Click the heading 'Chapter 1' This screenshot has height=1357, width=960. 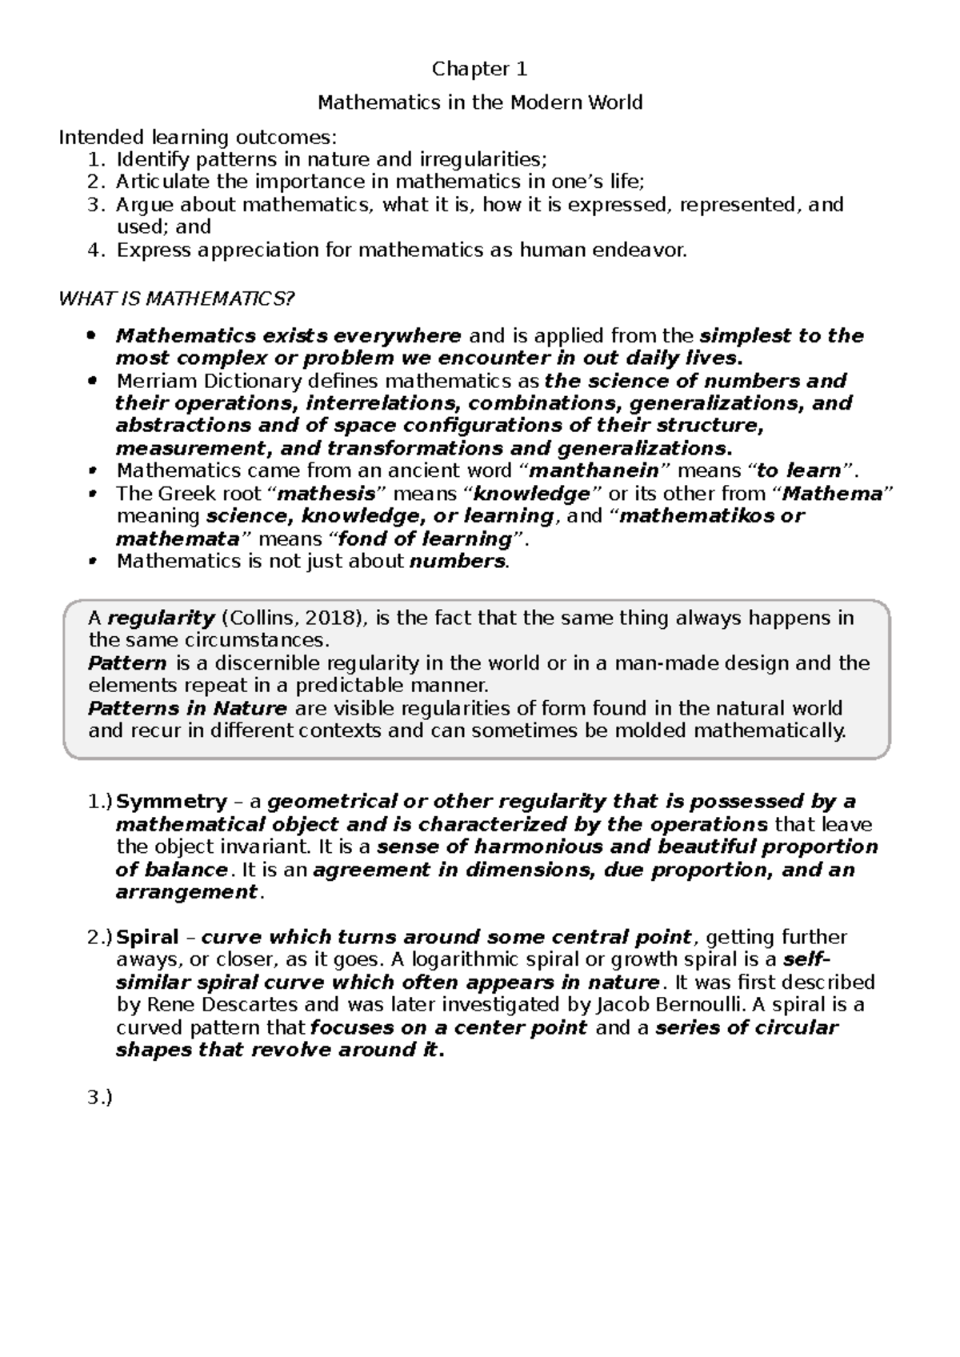480,70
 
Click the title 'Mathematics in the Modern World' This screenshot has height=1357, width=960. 480,103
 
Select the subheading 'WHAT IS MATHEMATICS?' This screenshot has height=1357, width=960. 178,299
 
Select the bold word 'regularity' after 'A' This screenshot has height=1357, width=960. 162,618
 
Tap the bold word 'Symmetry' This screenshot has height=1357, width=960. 172,802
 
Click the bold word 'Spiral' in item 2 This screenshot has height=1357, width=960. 148,938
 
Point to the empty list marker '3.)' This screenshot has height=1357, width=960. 100,1099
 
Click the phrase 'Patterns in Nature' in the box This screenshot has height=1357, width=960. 187,709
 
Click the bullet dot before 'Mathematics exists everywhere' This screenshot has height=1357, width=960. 93,336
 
